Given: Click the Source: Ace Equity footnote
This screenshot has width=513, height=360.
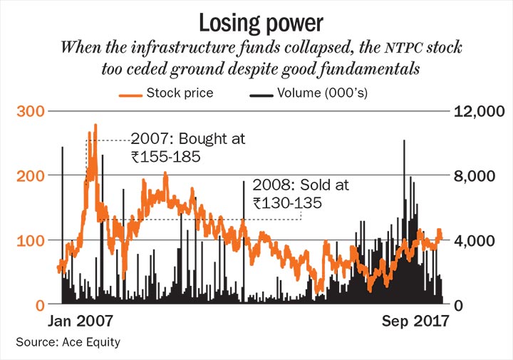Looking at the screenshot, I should click(x=68, y=342).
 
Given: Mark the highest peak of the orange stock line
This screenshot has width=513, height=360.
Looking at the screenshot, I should click(x=95, y=125).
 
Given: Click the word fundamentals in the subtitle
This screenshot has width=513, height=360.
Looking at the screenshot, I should click(x=378, y=70).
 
